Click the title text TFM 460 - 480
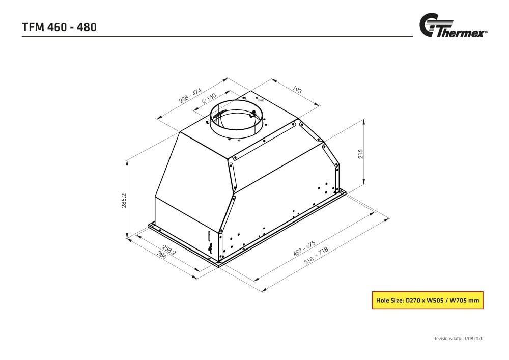point(60,27)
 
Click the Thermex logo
point(453,26)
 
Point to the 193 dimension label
point(297,90)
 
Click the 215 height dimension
point(360,154)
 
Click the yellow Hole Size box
point(427,300)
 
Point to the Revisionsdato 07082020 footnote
point(458,338)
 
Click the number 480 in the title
point(86,27)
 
